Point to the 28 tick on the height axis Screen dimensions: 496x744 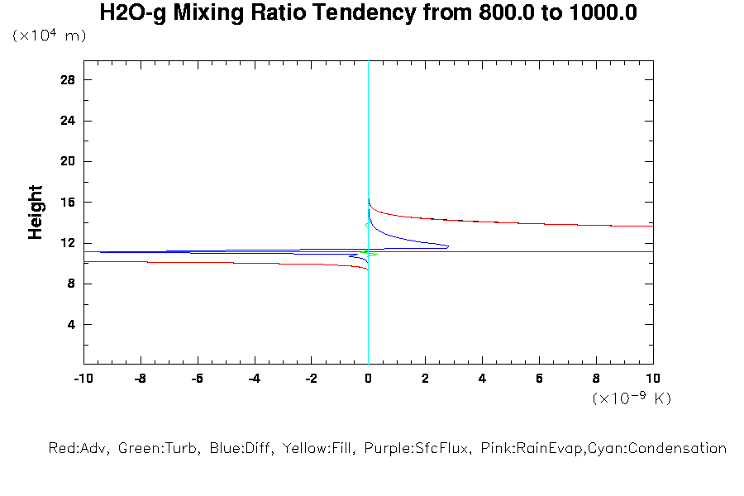tap(68, 80)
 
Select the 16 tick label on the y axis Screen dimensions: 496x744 tap(68, 203)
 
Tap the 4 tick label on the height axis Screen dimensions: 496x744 tap(72, 325)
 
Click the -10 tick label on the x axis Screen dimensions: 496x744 tap(82, 378)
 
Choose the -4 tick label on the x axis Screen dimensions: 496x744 tap(253, 378)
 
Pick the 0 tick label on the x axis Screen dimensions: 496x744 tap(368, 378)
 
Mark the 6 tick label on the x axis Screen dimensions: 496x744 tap(539, 378)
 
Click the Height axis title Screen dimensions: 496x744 tap(36, 212)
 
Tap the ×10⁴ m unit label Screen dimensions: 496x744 tap(49, 36)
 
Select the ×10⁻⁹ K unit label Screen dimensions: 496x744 tap(632, 398)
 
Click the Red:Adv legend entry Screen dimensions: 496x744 tap(79, 449)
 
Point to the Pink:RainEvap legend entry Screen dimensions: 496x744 tap(522, 449)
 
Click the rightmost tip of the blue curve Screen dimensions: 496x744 tap(448, 246)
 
